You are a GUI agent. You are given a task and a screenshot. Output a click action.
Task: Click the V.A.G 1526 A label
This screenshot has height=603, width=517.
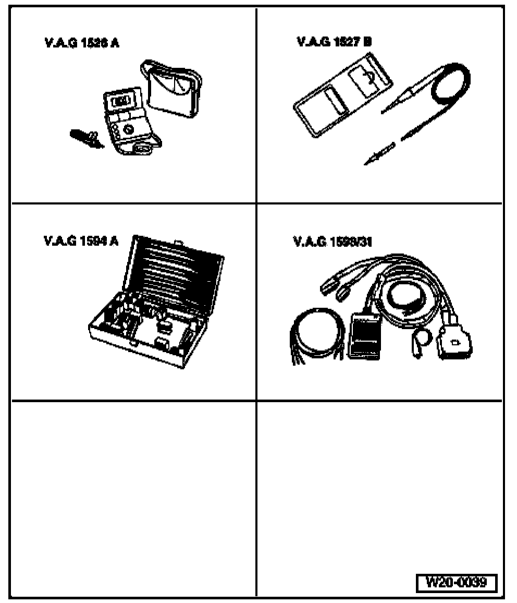coord(81,43)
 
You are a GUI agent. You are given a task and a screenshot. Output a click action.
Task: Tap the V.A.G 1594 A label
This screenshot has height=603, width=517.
coord(81,241)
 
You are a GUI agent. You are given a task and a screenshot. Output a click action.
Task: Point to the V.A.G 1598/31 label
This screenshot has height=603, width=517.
coord(333,242)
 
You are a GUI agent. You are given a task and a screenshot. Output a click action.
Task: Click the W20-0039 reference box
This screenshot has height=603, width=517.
coord(457,583)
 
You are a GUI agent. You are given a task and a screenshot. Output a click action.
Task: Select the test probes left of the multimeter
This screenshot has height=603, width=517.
coord(85,139)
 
